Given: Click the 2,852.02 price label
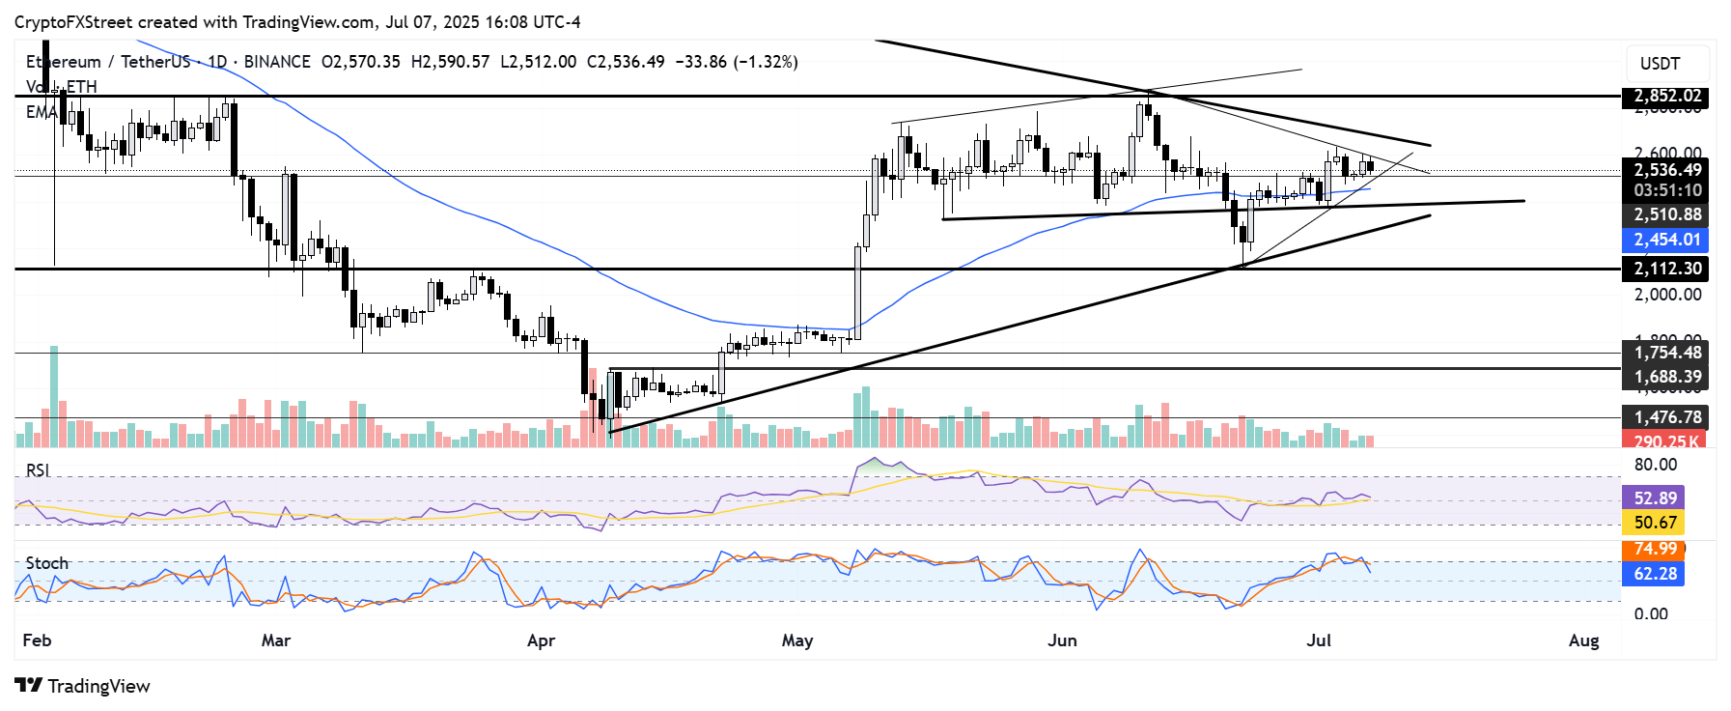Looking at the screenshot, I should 1666,96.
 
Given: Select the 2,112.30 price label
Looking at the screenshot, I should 1666,269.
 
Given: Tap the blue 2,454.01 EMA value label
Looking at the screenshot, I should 1666,240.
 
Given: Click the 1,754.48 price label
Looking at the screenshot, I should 1666,353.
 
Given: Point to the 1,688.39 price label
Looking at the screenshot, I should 1666,377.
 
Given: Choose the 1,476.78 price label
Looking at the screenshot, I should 1666,417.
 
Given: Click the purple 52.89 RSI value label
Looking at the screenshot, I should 1655,498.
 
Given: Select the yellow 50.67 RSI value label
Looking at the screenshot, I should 1655,523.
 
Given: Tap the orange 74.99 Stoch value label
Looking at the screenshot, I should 1655,549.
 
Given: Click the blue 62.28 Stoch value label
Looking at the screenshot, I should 1655,574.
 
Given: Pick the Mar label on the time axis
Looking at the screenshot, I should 276,640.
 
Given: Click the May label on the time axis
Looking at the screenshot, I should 797,640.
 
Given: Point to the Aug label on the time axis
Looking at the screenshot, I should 1584,640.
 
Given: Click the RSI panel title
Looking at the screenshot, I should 38,470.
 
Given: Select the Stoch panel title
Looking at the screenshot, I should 46,563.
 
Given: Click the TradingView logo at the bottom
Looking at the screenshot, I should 84,686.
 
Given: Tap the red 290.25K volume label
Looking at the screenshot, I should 1664,441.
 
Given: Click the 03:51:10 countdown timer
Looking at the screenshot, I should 1666,190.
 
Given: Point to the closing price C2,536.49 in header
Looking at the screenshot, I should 626,62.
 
